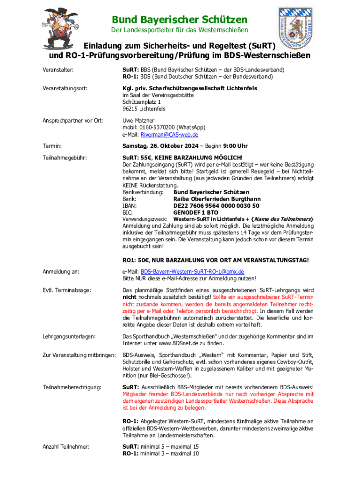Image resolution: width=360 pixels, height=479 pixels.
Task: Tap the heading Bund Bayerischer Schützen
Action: click(x=180, y=20)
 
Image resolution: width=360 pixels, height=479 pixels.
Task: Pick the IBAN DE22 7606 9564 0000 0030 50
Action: click(x=216, y=205)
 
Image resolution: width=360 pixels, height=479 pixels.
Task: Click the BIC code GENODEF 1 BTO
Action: click(x=195, y=212)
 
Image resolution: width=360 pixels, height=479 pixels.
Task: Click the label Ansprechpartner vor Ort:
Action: click(x=73, y=121)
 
